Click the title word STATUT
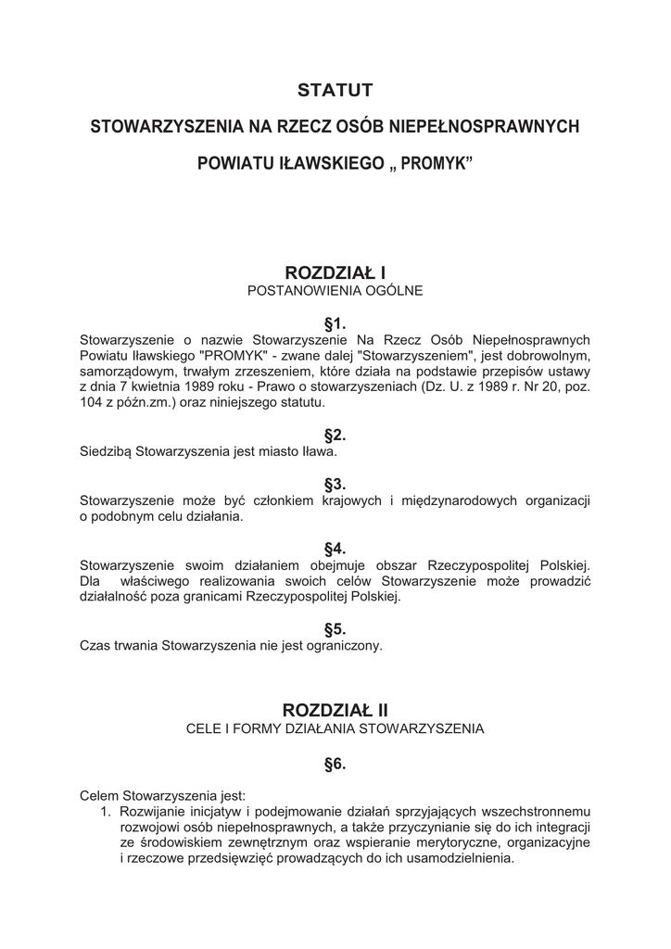pyautogui.click(x=335, y=90)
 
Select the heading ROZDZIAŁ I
pyautogui.click(x=335, y=272)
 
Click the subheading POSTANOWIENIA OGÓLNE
pyautogui.click(x=335, y=291)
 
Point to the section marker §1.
pyautogui.click(x=335, y=323)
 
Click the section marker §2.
pyautogui.click(x=335, y=436)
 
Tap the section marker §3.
pyautogui.click(x=335, y=484)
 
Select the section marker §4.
pyautogui.click(x=335, y=549)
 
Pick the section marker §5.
pyautogui.click(x=335, y=628)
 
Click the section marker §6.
pyautogui.click(x=335, y=765)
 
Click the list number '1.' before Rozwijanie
pyautogui.click(x=106, y=811)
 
